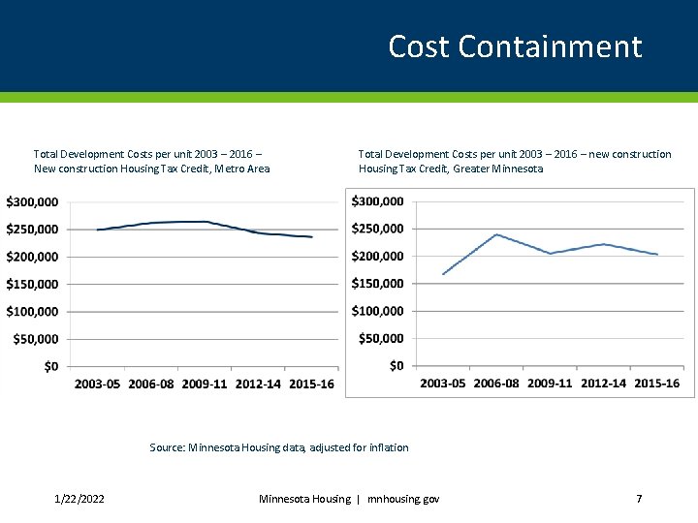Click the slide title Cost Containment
coord(515,46)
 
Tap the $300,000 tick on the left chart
coord(32,201)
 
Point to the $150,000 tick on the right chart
coord(378,283)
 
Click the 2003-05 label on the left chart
coord(97,384)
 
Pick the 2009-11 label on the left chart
coord(205,384)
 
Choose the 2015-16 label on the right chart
coord(656,383)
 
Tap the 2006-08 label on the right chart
coord(496,383)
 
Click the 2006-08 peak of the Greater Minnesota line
coord(496,234)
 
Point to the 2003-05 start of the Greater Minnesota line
coord(443,274)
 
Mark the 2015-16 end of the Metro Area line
coord(311,236)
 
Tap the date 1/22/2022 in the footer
coord(79,499)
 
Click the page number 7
coord(639,499)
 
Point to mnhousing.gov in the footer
coord(403,499)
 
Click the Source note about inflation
coord(279,447)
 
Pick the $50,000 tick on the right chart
coord(382,338)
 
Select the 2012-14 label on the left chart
coord(258,384)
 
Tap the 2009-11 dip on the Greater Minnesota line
coord(550,254)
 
